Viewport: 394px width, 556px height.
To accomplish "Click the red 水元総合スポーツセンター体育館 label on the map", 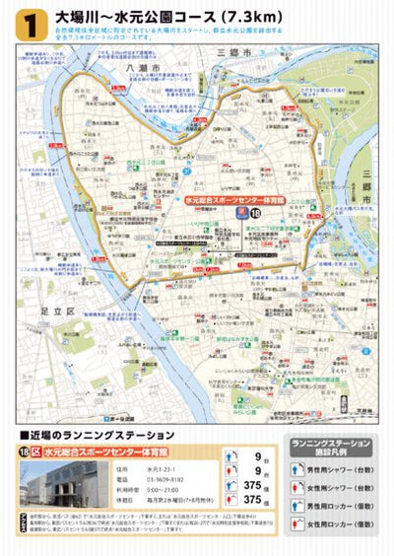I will coord(210,199).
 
